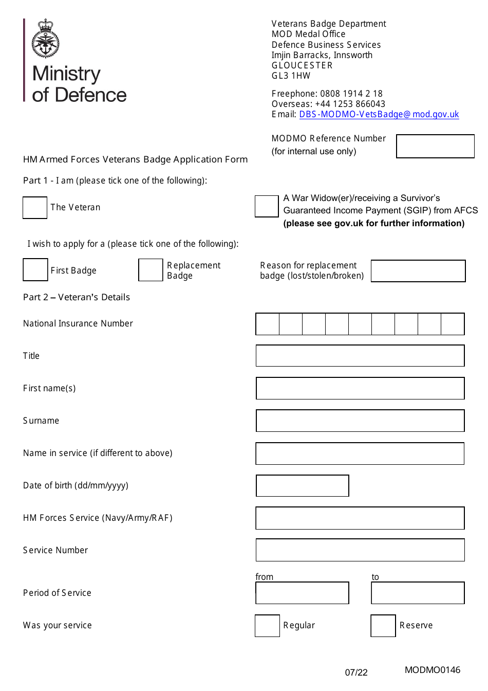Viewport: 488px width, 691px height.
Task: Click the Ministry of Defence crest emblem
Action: pyautogui.click(x=46, y=39)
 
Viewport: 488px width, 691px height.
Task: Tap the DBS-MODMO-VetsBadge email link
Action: pyautogui.click(x=379, y=114)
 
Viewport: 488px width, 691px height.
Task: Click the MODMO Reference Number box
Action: pyautogui.click(x=435, y=146)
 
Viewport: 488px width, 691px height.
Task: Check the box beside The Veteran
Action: pyautogui.click(x=35, y=208)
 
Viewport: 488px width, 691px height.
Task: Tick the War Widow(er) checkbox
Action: pyautogui.click(x=267, y=206)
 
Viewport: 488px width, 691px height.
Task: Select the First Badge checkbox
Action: pyautogui.click(x=35, y=270)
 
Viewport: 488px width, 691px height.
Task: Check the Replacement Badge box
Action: pyautogui.click(x=151, y=270)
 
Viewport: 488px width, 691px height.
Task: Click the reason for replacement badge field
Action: pyautogui.click(x=418, y=271)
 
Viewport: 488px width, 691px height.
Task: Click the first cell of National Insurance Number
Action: pyautogui.click(x=268, y=324)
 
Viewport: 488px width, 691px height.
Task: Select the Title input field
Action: pyautogui.click(x=360, y=356)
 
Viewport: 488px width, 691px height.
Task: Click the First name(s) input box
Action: pyautogui.click(x=360, y=388)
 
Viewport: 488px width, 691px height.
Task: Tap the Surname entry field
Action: pyautogui.click(x=360, y=421)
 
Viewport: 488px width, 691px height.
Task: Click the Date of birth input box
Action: pyautogui.click(x=303, y=485)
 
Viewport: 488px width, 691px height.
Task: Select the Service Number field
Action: pyautogui.click(x=360, y=550)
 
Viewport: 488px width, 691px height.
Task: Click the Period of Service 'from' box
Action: pyautogui.click(x=303, y=593)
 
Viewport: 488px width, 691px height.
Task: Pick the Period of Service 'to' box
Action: pyautogui.click(x=418, y=593)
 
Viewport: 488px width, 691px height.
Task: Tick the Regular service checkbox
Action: pyautogui.click(x=268, y=626)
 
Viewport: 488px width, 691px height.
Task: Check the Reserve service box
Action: pyautogui.click(x=383, y=626)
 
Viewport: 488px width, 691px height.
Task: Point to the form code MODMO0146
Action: pyautogui.click(x=433, y=670)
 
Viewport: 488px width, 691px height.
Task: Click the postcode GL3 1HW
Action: pyautogui.click(x=291, y=76)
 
